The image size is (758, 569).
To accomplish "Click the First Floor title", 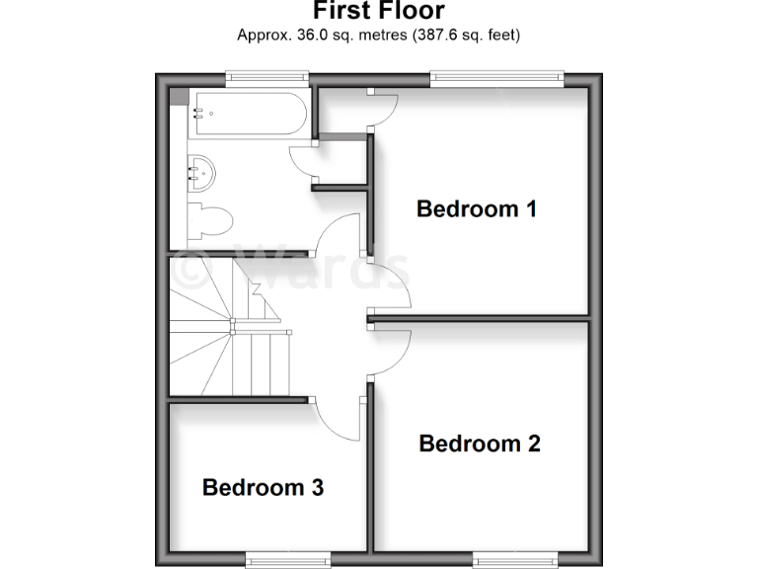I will point(379,11).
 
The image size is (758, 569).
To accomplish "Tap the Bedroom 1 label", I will point(476,209).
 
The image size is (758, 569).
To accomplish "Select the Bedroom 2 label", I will point(480,444).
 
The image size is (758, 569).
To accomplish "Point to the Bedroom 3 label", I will point(263,487).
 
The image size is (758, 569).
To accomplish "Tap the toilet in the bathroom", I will point(211,218).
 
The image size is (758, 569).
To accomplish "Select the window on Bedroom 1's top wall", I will point(496,76).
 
